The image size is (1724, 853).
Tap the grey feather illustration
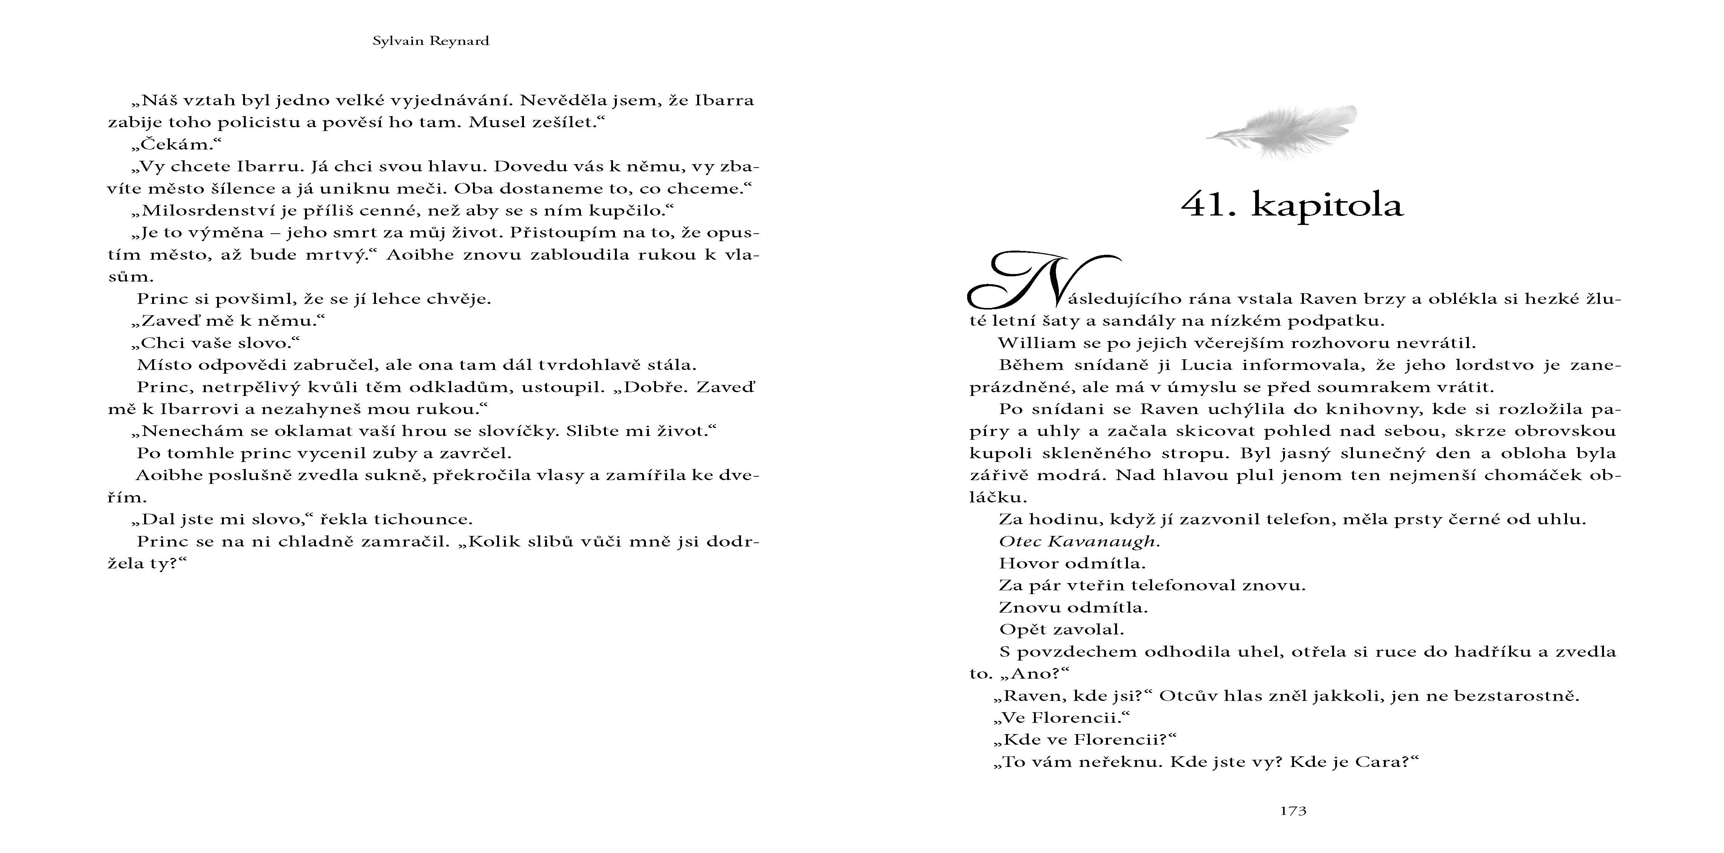[1282, 131]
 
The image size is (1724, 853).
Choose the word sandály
[1132, 321]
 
